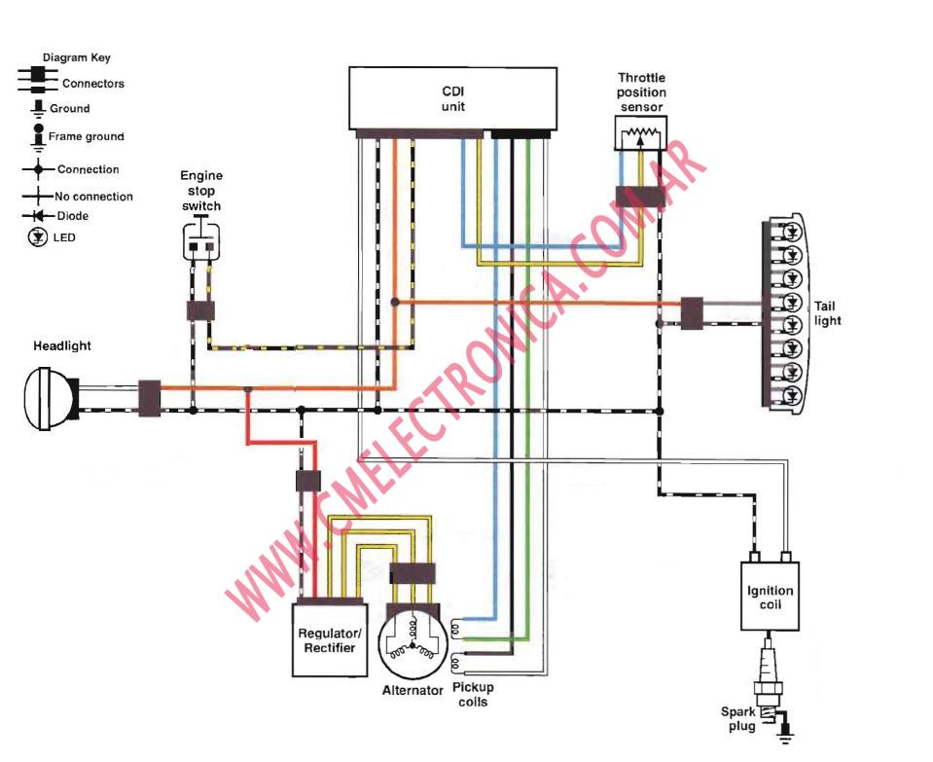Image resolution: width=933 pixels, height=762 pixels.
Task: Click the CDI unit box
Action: point(452,97)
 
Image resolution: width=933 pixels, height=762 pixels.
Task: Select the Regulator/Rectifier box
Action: point(327,639)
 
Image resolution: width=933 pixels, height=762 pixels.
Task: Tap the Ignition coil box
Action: point(770,596)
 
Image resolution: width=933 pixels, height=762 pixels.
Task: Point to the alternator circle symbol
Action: point(412,644)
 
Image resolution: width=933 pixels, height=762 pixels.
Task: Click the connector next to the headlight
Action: point(150,398)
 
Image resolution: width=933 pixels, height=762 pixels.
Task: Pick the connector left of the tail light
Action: point(692,313)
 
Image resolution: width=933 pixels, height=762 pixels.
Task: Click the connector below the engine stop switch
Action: point(200,311)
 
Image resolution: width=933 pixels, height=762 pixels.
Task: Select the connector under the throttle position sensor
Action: point(639,196)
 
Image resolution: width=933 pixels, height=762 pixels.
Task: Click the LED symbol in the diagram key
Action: point(37,236)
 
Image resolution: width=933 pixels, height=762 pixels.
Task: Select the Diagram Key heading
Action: point(76,58)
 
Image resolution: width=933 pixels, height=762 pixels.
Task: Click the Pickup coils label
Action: point(472,694)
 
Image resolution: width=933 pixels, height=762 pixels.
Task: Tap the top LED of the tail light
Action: point(792,232)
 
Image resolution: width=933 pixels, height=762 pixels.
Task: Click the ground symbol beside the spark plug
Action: point(785,733)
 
